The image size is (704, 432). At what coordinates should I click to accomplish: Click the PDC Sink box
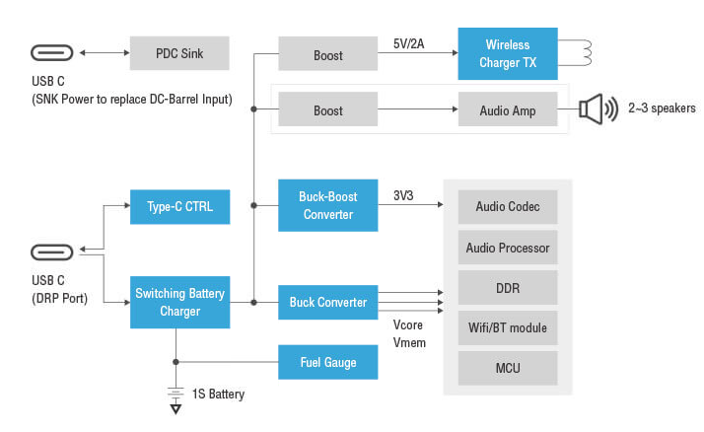[178, 53]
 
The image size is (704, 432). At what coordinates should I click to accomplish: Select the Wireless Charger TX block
[507, 53]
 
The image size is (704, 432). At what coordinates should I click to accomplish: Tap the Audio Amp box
[507, 110]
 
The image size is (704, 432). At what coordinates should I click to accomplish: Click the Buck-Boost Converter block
[327, 205]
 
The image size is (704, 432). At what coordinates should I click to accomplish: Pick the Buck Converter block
[327, 302]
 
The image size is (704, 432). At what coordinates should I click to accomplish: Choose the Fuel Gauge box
[327, 362]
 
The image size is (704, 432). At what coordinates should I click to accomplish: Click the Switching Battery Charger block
[179, 302]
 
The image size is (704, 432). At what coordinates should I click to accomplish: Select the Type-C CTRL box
[179, 207]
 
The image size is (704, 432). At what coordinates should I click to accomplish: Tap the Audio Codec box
[508, 207]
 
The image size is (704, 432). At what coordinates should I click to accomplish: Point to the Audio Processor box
[508, 248]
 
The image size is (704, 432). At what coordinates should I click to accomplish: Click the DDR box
[508, 288]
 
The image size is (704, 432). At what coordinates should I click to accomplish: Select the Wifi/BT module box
[508, 327]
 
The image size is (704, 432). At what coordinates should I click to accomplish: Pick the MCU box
[508, 368]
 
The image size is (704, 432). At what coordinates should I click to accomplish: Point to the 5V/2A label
[410, 43]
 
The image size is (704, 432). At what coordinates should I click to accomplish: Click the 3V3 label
[403, 196]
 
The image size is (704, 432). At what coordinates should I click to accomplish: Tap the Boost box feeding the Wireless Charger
[327, 54]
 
